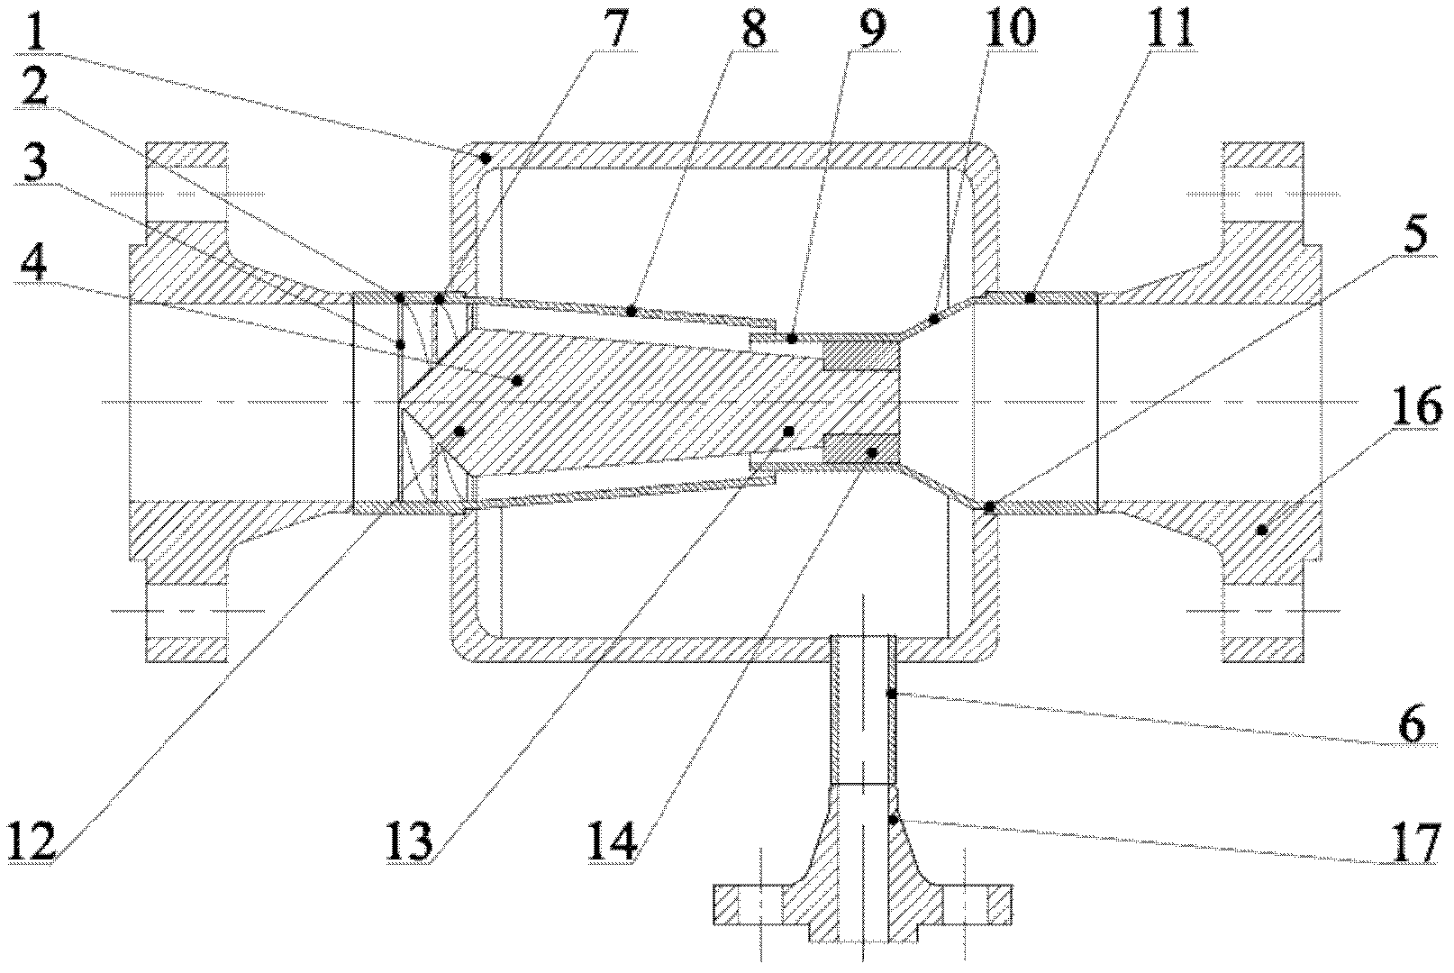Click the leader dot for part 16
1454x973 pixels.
tap(1262, 531)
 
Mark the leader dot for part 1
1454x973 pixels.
tap(485, 158)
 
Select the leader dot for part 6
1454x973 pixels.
tap(891, 694)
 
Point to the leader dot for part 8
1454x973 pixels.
tap(632, 311)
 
